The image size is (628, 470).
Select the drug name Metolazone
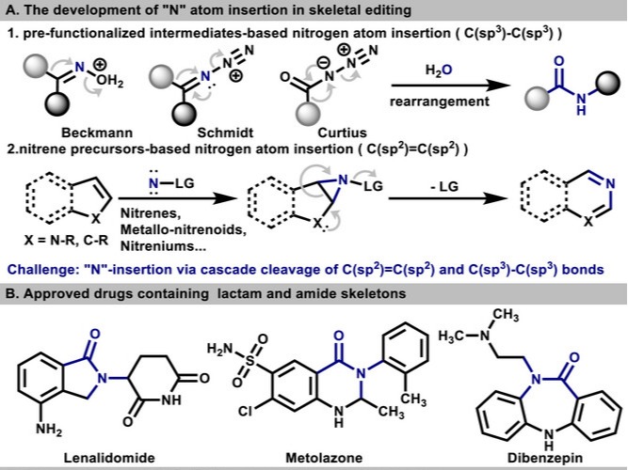coord(322,457)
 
